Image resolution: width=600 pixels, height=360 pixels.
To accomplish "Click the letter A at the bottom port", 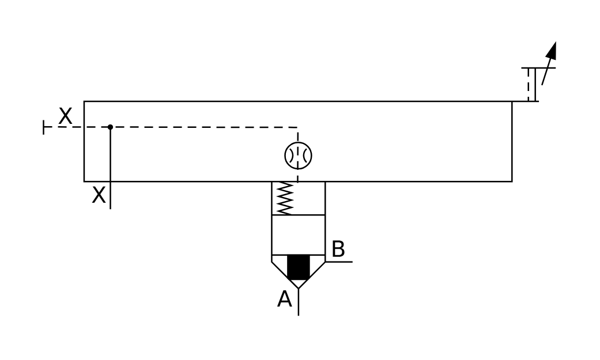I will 284,300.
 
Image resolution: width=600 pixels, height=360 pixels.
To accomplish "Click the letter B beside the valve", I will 338,249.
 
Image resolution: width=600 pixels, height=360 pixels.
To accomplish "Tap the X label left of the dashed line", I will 66,117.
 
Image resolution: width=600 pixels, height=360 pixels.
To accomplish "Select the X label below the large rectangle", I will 99,196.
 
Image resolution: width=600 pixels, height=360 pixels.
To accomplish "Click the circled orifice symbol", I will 298,156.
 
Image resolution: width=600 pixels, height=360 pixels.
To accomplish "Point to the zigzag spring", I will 285,199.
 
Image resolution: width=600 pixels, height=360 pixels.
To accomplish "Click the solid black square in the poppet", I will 298,267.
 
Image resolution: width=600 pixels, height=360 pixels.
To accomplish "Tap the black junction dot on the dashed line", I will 110,127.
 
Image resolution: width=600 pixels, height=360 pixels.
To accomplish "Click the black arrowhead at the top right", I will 552,51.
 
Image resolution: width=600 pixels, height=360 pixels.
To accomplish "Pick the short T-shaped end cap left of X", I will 44,127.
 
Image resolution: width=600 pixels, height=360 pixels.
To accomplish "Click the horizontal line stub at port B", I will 339,262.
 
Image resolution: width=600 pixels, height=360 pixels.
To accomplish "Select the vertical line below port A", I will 298,302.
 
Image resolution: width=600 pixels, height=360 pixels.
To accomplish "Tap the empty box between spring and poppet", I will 298,234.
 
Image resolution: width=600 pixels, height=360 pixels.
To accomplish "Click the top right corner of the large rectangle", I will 512,101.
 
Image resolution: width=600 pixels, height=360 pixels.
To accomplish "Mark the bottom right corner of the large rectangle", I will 512,181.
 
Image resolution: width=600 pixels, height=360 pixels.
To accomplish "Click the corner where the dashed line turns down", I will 297,127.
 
